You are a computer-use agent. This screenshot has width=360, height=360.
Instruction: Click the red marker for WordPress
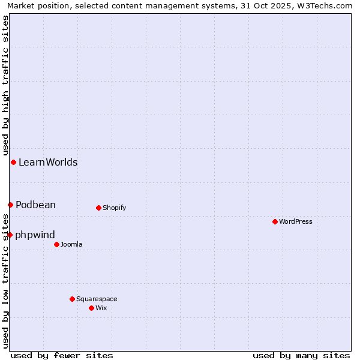point(275,221)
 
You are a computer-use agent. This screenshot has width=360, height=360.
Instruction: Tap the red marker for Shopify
point(98,208)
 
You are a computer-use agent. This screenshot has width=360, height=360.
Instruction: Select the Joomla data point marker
point(56,244)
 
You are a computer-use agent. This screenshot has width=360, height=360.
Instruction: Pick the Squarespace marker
point(72,299)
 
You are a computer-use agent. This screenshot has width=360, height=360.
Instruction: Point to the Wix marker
point(91,308)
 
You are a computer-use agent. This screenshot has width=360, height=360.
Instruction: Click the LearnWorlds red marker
point(13,162)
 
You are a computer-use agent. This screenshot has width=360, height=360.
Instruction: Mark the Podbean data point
point(10,205)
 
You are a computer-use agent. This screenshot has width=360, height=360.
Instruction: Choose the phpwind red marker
point(10,235)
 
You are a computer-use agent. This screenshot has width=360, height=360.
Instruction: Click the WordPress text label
point(296,221)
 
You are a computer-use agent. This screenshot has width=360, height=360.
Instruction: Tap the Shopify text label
point(115,208)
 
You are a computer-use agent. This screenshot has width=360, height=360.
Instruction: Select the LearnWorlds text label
point(48,162)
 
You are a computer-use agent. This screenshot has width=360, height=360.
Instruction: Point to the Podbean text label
point(35,205)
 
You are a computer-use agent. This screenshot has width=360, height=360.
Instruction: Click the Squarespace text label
point(97,299)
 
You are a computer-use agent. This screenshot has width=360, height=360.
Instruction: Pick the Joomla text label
point(71,244)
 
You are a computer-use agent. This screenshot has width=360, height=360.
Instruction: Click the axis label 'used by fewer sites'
point(62,355)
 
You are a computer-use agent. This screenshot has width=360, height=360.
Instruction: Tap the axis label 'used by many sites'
point(301,355)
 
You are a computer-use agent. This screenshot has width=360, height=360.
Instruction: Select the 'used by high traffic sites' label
point(5,85)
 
